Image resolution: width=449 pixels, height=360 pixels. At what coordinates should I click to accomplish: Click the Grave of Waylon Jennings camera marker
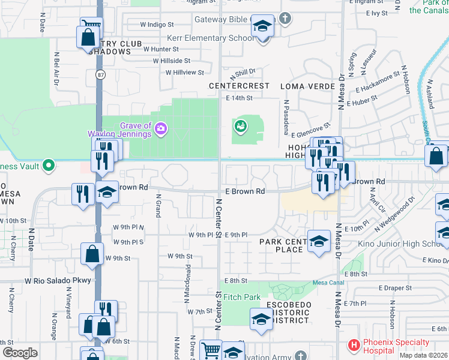(160, 128)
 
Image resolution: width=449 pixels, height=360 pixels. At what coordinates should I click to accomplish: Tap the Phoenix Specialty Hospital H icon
(354, 346)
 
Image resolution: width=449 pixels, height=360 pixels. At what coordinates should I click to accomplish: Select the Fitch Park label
(242, 297)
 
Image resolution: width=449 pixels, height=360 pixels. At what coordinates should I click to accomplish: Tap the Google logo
(20, 353)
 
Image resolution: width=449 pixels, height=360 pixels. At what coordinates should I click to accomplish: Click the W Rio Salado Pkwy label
(58, 280)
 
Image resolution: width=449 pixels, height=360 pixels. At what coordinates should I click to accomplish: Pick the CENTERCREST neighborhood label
(239, 86)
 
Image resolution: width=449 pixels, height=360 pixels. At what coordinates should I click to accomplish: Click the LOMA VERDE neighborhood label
(308, 86)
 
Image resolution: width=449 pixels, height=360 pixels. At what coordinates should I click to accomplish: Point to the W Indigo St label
(157, 25)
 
